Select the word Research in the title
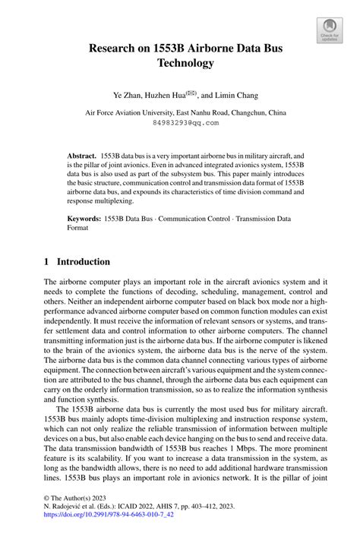click(x=113, y=48)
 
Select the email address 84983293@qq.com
click(x=179, y=122)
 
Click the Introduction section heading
click(x=84, y=261)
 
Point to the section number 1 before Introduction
click(x=48, y=261)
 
